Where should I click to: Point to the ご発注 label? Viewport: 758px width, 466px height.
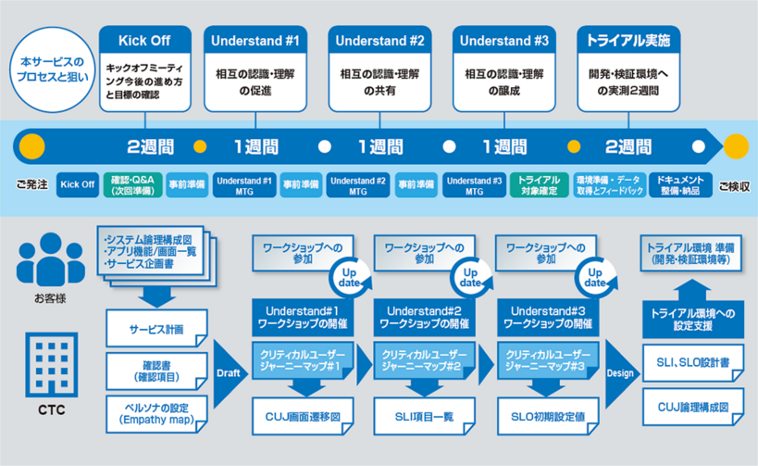[x=31, y=184]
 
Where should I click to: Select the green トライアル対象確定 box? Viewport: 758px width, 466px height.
[x=538, y=184]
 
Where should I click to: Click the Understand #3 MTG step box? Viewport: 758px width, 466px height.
[x=474, y=184]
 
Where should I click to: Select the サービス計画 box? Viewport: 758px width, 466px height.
[x=156, y=329]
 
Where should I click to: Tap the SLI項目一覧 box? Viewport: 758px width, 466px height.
[x=417, y=417]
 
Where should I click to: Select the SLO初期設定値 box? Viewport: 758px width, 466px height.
[x=540, y=417]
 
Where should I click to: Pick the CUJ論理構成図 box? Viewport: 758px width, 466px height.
[x=692, y=407]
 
